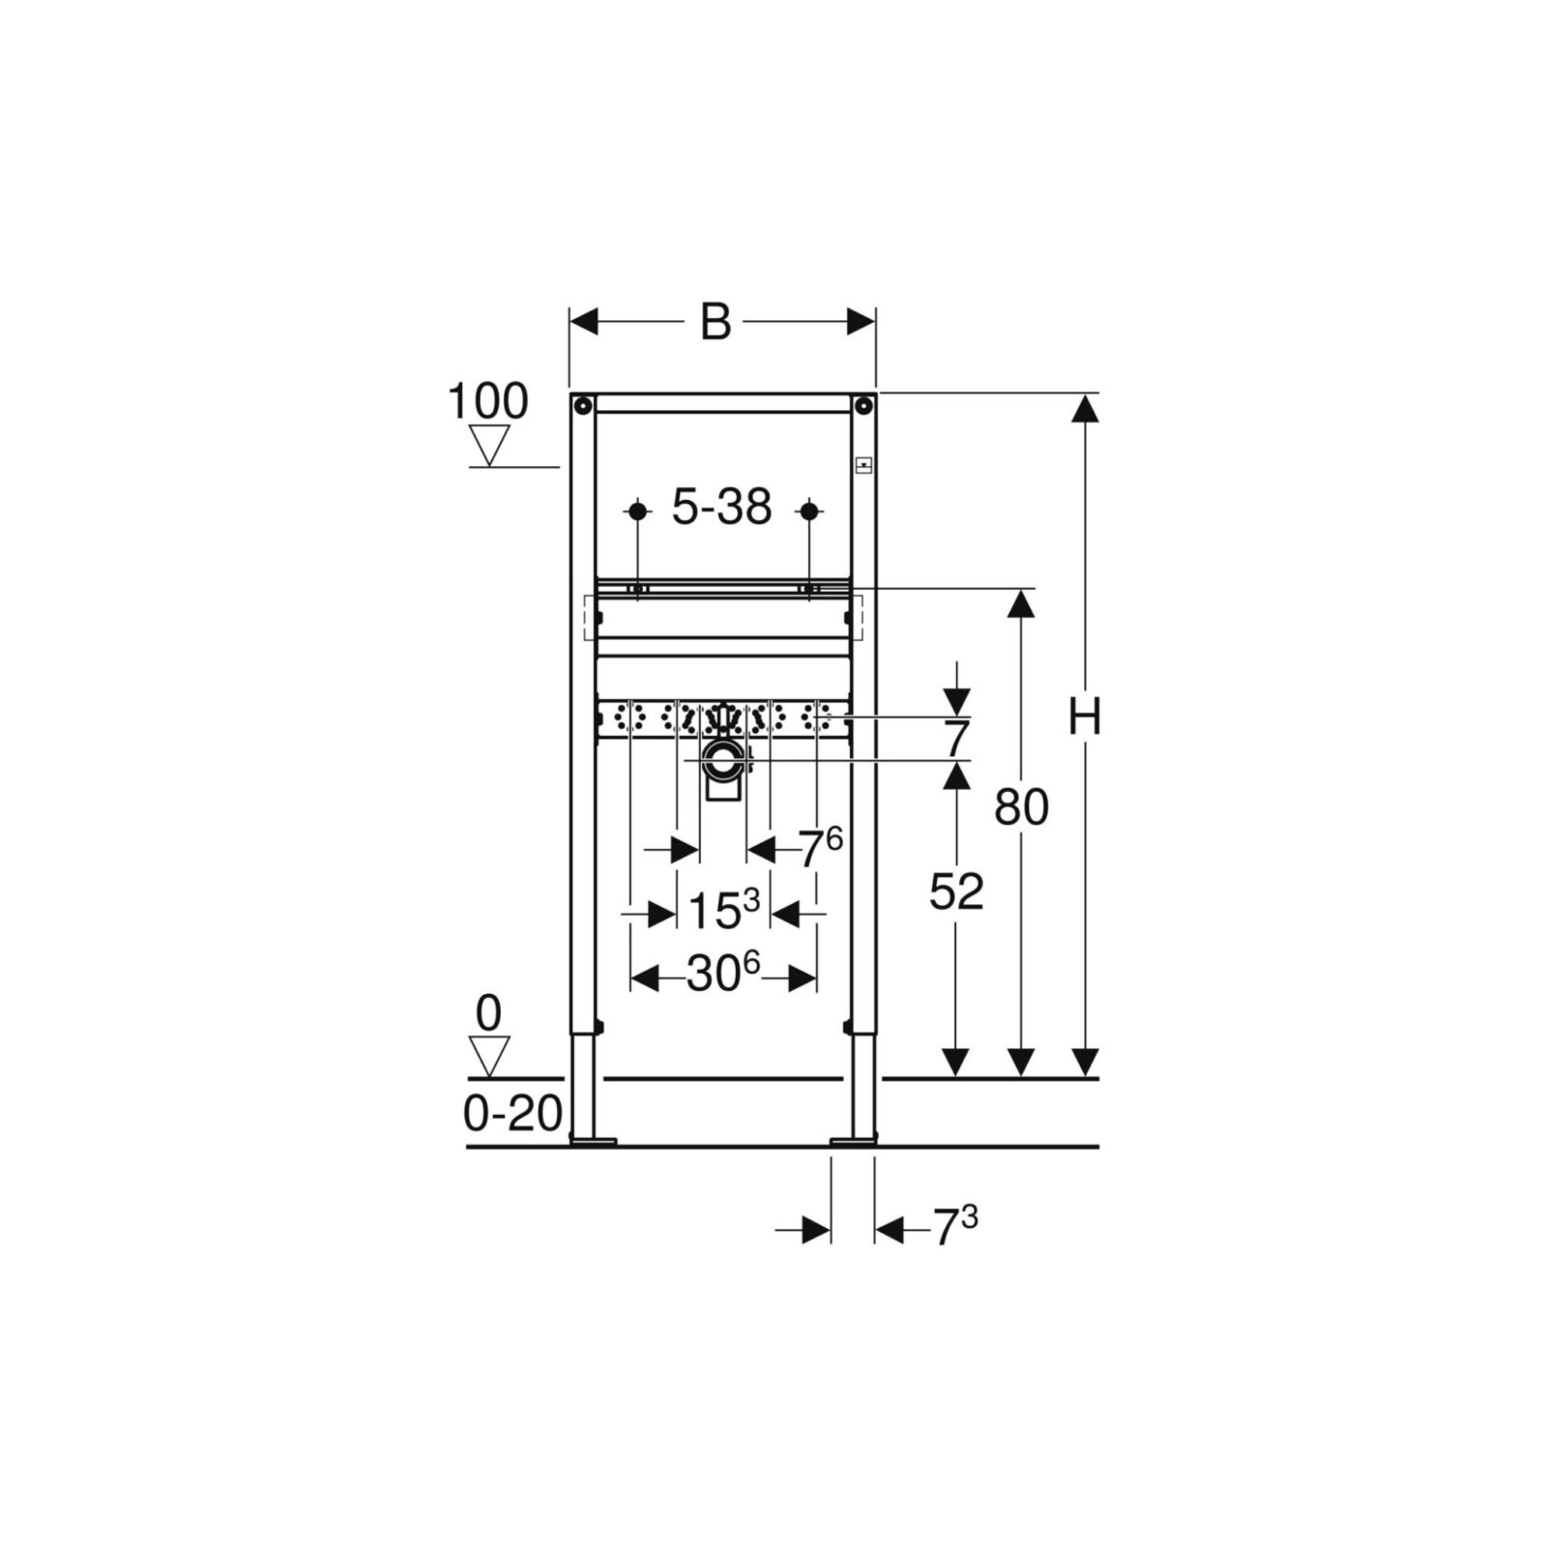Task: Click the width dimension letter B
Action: pyautogui.click(x=715, y=322)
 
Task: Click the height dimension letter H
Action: pyautogui.click(x=1086, y=717)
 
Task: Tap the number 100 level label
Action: pyautogui.click(x=488, y=400)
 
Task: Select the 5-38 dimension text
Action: pyautogui.click(x=722, y=507)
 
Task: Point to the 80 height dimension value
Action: pyautogui.click(x=1022, y=806)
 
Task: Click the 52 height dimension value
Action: pyautogui.click(x=956, y=891)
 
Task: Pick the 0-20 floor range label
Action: pyautogui.click(x=513, y=1114)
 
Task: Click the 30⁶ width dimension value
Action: pyautogui.click(x=724, y=974)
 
